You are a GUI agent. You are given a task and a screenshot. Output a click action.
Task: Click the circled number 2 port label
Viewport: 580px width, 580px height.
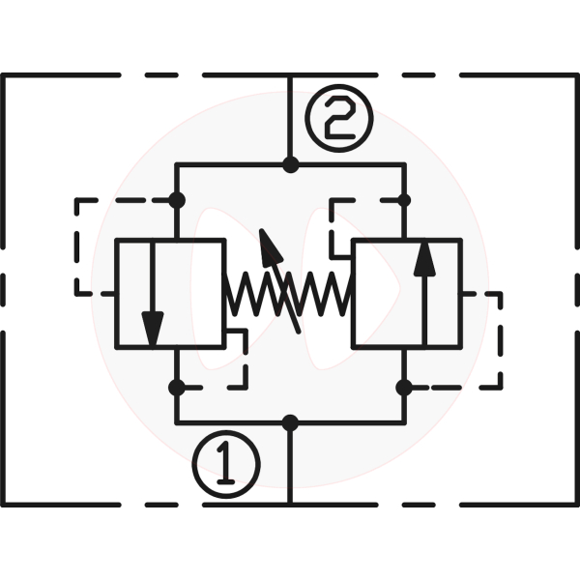338,120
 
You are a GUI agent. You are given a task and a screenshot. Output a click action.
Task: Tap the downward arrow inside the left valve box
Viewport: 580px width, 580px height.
152,294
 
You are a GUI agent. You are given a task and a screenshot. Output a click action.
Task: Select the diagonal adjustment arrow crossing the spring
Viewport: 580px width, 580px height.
281,281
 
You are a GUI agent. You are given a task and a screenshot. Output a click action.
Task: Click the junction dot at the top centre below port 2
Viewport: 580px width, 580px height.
290,165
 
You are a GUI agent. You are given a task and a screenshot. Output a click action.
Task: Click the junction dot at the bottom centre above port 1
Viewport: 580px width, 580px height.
290,422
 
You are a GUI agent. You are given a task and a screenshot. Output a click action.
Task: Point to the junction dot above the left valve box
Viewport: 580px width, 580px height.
176,200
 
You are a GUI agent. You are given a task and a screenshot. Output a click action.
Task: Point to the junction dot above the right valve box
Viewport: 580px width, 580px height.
404,200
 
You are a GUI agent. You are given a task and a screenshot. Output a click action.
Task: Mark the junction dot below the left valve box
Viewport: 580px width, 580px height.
176,388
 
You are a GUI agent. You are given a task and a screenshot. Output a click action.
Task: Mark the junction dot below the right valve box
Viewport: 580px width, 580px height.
404,388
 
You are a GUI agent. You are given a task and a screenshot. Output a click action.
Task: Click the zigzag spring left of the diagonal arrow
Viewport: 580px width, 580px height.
246,294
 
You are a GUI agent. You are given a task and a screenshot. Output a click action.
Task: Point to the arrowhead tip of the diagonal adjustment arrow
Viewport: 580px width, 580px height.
263,232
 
